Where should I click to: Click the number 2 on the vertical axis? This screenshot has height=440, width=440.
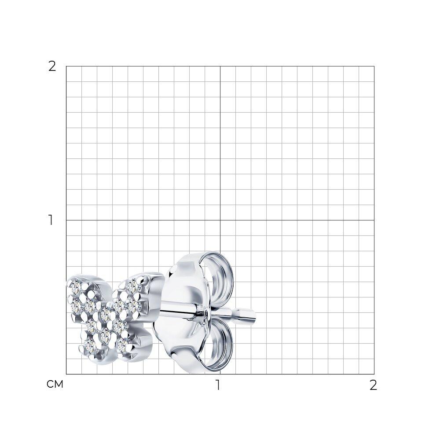(x=52, y=66)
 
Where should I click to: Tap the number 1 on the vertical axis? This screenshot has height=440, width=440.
(x=51, y=220)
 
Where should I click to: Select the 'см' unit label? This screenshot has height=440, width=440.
(x=55, y=384)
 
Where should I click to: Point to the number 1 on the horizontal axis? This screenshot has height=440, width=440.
(x=218, y=385)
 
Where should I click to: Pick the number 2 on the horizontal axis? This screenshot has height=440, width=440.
(x=373, y=385)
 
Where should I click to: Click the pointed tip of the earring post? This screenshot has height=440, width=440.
(x=255, y=315)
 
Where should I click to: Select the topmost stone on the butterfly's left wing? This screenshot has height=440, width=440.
(x=76, y=286)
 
